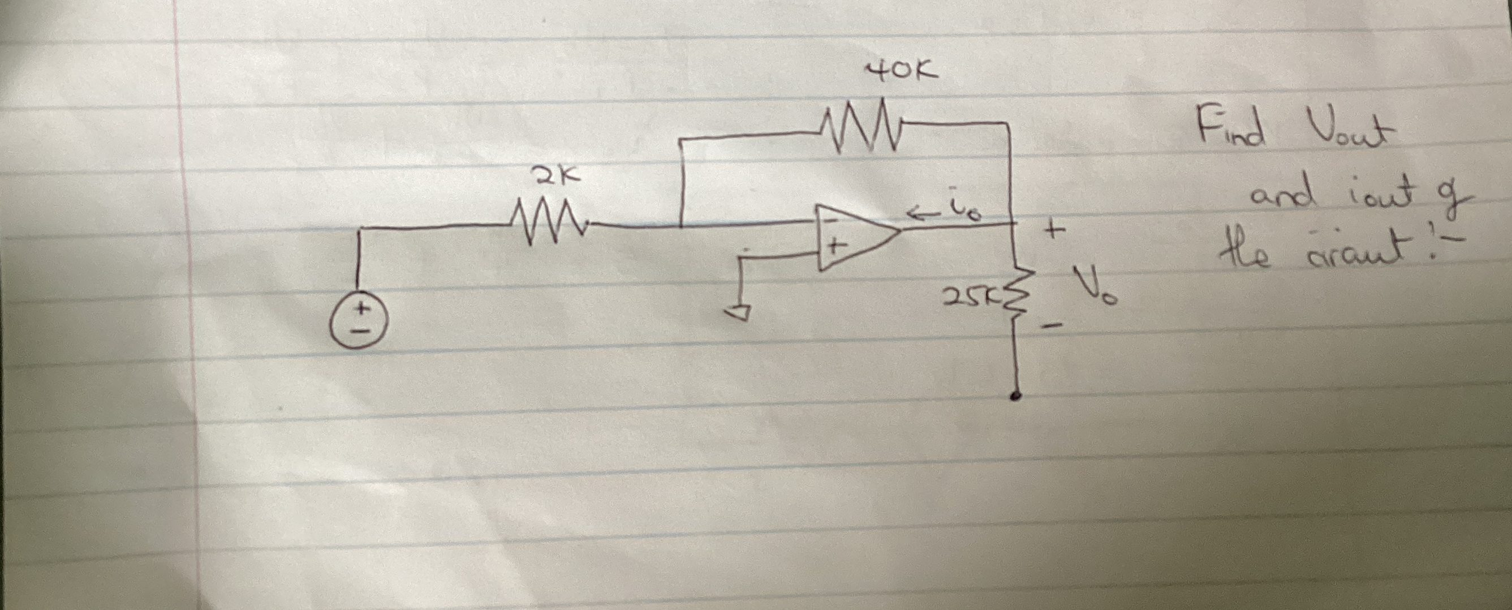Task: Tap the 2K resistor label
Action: click(139, 176)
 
